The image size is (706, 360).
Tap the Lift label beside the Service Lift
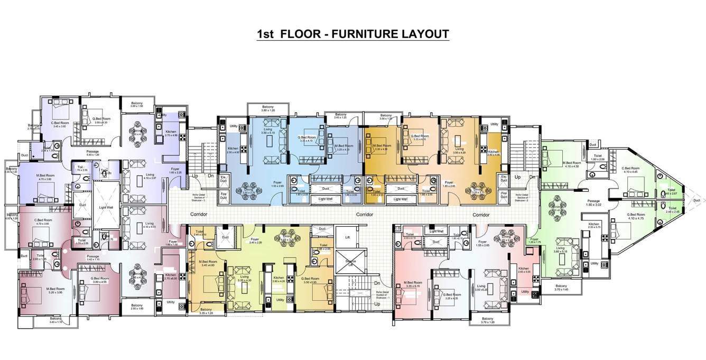pos(347,238)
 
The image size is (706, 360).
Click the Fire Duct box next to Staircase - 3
pos(223,196)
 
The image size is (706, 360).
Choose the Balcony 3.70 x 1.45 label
pos(561,287)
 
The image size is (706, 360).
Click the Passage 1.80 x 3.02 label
pos(594,202)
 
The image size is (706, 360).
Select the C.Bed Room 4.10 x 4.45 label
pos(634,170)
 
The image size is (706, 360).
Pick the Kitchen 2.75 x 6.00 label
pos(170,276)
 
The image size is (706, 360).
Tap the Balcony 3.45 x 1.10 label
pos(55,320)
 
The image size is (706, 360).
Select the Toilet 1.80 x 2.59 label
pos(598,158)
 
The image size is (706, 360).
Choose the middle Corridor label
pos(364,215)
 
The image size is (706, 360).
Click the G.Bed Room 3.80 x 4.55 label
pos(99,280)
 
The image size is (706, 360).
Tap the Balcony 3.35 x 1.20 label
pos(206,311)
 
